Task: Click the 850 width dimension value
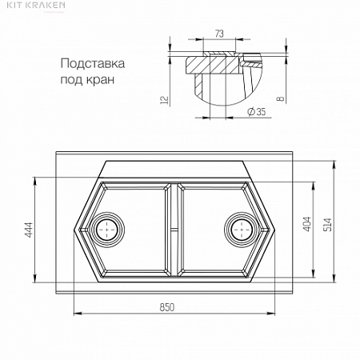point(167,307)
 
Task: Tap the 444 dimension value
point(29,230)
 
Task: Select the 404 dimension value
point(307,224)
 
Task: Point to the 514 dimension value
point(328,224)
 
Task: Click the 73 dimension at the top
point(219,34)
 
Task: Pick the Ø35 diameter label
point(257,111)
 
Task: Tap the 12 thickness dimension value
point(165,100)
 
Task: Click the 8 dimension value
point(280,98)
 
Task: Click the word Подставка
point(93,64)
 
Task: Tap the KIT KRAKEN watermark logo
point(36,5)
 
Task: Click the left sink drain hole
point(107,230)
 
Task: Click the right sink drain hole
point(242,230)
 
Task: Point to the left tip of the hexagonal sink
point(74,230)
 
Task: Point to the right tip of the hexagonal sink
point(274,230)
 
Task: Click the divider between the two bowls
point(174,230)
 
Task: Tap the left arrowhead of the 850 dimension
point(78,314)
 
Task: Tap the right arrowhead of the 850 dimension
point(270,314)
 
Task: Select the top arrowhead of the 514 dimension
point(334,165)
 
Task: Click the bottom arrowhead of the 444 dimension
point(35,278)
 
